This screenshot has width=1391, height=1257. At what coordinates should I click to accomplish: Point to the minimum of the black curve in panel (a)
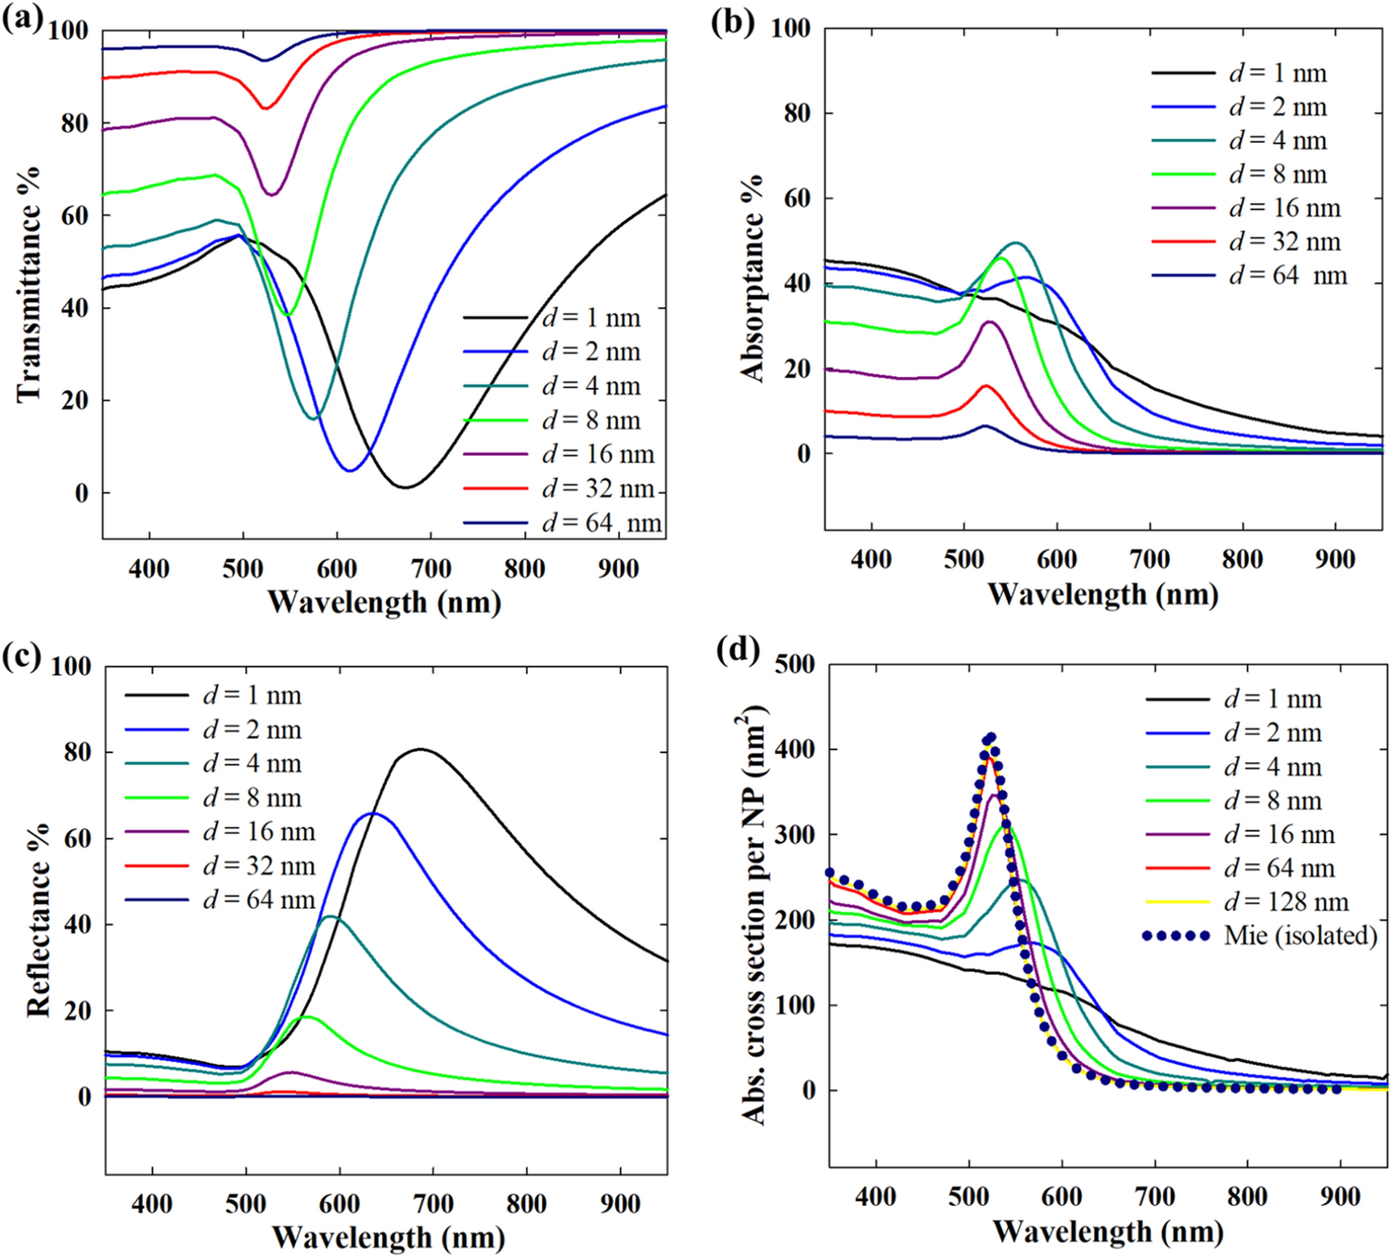tap(406, 486)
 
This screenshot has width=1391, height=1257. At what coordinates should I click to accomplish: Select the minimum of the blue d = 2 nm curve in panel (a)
tap(349, 471)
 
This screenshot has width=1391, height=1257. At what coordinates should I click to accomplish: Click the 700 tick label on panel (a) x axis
tap(430, 568)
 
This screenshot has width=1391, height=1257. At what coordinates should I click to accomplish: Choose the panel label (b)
tap(732, 20)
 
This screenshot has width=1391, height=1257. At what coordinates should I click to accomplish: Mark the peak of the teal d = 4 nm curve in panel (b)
tap(1017, 243)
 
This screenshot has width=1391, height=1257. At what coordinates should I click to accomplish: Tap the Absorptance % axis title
tap(753, 278)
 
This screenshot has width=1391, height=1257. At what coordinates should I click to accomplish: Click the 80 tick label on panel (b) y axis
tap(792, 113)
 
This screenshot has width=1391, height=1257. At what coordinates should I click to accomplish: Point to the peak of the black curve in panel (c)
tap(420, 749)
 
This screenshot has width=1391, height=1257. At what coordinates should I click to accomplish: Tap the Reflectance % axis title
tap(38, 919)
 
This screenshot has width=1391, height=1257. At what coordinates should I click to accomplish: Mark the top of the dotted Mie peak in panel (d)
tap(990, 738)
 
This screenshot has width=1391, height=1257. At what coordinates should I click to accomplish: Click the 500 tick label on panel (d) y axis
tap(795, 665)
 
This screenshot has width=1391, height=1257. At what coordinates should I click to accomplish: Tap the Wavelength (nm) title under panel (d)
tap(1108, 1232)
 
